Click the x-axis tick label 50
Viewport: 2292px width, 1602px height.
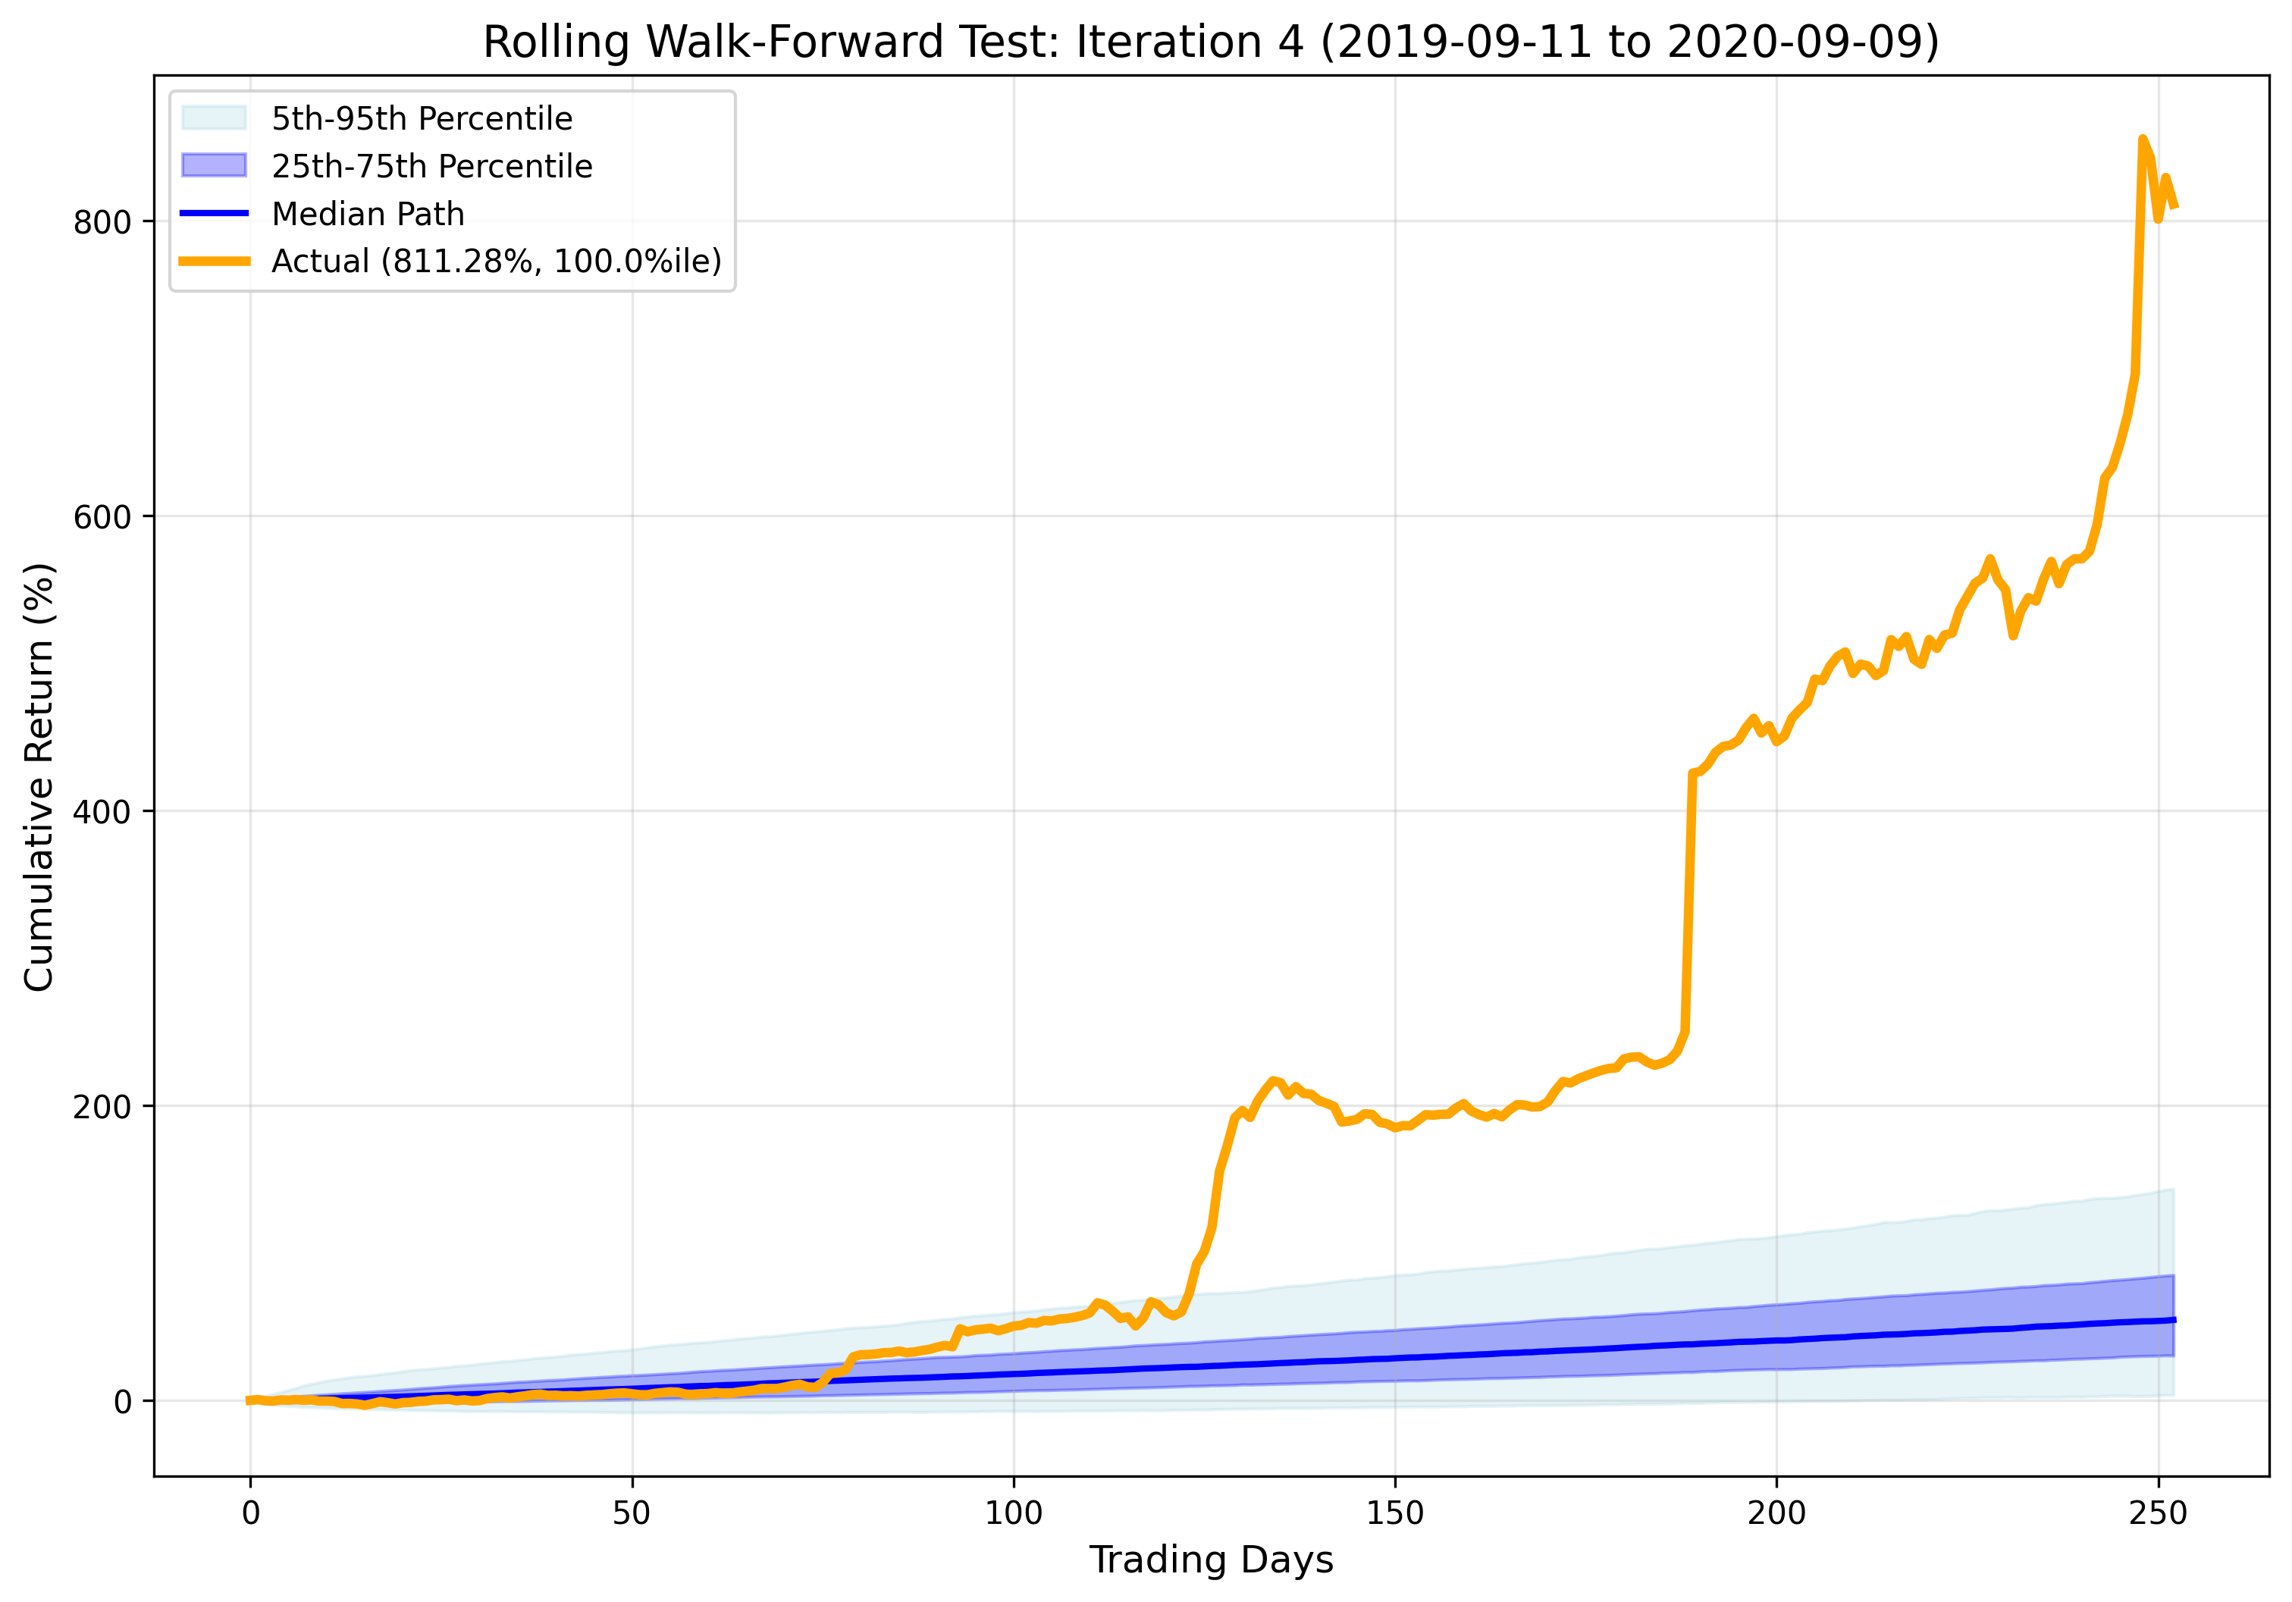(631, 1513)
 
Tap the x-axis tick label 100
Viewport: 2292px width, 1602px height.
(1013, 1513)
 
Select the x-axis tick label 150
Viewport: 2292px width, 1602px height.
(1394, 1513)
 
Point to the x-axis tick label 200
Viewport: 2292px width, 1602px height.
(1776, 1513)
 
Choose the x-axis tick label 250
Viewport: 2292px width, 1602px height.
(2157, 1513)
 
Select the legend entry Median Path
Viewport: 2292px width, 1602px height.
(368, 214)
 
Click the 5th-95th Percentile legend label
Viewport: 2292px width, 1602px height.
(422, 119)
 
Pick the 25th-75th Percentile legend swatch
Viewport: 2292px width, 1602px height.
(214, 166)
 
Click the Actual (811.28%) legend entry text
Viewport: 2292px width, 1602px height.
(496, 262)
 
